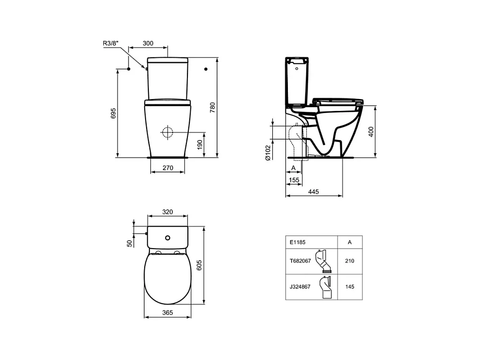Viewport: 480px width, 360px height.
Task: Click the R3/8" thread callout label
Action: [x=110, y=43]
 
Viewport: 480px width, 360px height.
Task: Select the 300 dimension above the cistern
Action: [x=148, y=43]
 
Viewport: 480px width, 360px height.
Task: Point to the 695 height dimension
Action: [x=113, y=113]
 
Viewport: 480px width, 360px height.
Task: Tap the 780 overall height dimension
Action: [x=212, y=108]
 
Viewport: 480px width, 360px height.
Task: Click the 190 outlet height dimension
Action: [x=200, y=145]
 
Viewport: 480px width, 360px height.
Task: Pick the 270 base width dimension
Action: [x=168, y=168]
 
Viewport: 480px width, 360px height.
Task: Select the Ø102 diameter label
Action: [x=268, y=153]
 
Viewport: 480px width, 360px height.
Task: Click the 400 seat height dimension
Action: [x=371, y=132]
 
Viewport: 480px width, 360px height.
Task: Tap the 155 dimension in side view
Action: [x=294, y=180]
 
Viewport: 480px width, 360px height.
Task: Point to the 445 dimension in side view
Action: [x=313, y=192]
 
